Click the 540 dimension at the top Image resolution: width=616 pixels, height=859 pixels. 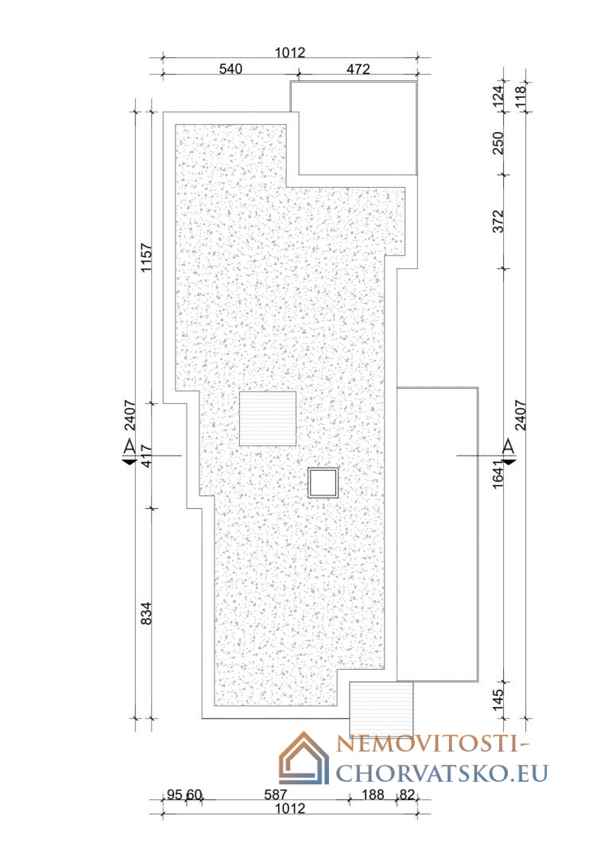point(231,69)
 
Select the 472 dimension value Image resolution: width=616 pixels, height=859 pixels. point(358,69)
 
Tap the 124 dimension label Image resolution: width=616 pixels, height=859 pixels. point(498,96)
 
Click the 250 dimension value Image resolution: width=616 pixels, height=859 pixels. point(498,143)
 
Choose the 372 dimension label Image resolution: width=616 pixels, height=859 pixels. point(498,221)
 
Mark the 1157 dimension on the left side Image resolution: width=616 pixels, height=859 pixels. point(146,258)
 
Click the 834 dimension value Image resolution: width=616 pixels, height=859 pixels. point(146,613)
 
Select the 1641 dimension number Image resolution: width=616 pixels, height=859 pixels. point(498,474)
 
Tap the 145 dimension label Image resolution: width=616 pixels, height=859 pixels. point(498,700)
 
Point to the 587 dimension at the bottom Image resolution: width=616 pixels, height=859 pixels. point(276,794)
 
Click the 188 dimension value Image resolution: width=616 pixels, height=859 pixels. point(373,794)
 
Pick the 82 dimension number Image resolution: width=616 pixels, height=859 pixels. point(407,794)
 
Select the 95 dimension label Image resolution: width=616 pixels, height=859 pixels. point(175,794)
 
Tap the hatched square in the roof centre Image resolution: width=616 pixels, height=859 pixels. point(268,418)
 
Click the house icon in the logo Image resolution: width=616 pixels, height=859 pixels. point(304,758)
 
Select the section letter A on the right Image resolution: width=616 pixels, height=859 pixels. point(509,446)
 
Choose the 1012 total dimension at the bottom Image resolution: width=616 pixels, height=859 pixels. point(290,809)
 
